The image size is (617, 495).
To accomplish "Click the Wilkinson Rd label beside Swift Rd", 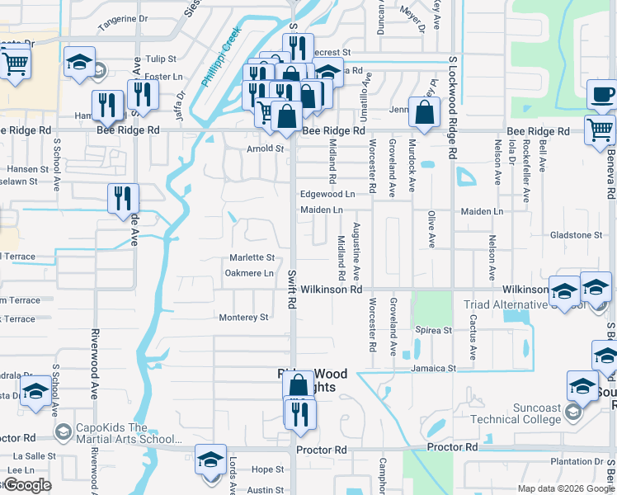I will pyautogui.click(x=331, y=290).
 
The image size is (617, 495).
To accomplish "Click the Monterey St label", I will pyautogui.click(x=243, y=317).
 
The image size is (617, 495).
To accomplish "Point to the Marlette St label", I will pyautogui.click(x=252, y=257).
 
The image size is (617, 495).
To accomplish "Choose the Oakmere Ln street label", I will pyautogui.click(x=248, y=273).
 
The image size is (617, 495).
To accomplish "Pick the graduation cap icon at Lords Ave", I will pyautogui.click(x=210, y=459).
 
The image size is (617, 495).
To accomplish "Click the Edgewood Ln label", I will pyautogui.click(x=327, y=194).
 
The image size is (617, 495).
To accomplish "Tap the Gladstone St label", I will pyautogui.click(x=576, y=235).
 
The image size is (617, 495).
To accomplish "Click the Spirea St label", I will pyautogui.click(x=435, y=330).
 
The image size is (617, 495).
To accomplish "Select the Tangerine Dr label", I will pyautogui.click(x=122, y=17).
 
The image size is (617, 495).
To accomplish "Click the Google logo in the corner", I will pyautogui.click(x=26, y=485).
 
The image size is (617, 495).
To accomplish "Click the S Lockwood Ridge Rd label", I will pyautogui.click(x=453, y=107).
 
